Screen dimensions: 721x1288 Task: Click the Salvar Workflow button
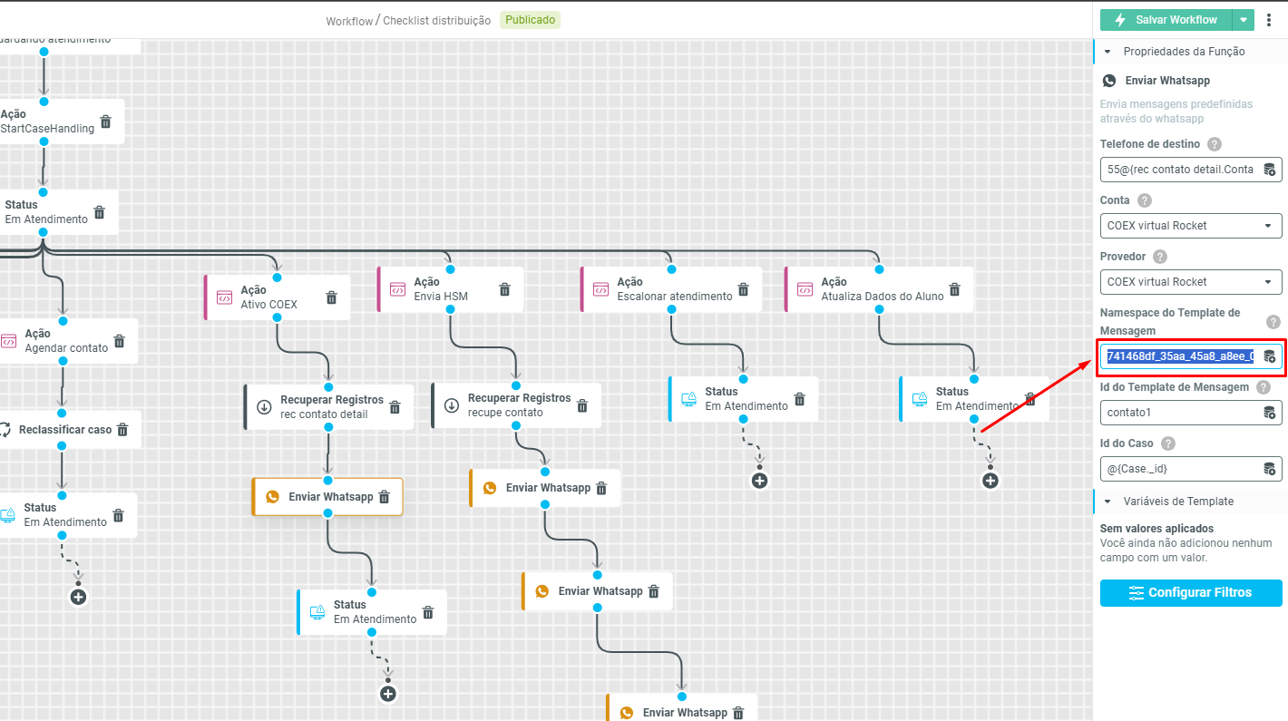(x=1166, y=20)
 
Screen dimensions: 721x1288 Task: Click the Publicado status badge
(x=530, y=20)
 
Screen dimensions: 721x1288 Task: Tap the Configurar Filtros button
(x=1191, y=593)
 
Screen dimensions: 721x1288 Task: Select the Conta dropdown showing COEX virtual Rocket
(x=1191, y=226)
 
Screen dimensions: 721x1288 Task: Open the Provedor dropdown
(x=1191, y=282)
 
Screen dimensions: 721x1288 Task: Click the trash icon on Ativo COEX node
(x=332, y=297)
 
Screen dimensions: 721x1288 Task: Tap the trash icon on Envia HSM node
(x=505, y=289)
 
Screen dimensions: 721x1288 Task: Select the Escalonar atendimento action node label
(x=674, y=297)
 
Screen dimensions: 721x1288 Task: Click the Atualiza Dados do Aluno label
(x=882, y=297)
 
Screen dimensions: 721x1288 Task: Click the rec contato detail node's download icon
(x=264, y=407)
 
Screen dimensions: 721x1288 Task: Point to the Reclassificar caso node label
(x=65, y=430)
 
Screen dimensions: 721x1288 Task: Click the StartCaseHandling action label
(x=47, y=129)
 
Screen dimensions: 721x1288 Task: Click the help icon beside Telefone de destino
(x=1215, y=144)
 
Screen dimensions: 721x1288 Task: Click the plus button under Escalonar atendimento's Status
(x=760, y=481)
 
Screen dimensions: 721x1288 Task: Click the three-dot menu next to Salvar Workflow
(x=1269, y=20)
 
